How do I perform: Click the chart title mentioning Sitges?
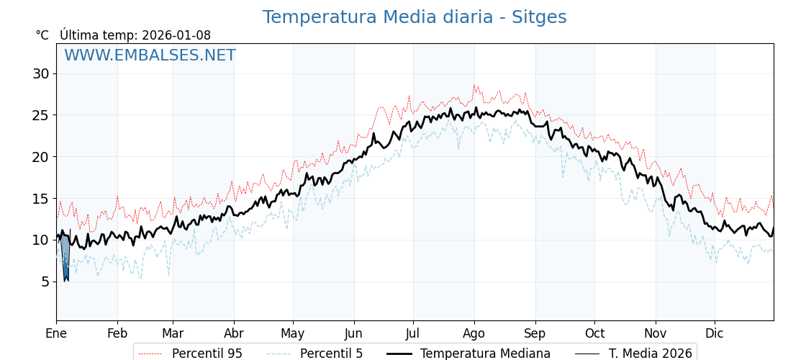(x=414, y=17)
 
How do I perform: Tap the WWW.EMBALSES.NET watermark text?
(x=150, y=55)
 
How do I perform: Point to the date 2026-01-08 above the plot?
(x=176, y=35)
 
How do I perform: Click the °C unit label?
(x=42, y=35)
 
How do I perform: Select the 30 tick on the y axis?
(x=40, y=73)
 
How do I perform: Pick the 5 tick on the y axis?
(x=45, y=282)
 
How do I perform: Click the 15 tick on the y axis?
(x=40, y=198)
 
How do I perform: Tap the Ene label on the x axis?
(x=56, y=333)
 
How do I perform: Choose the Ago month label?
(x=474, y=333)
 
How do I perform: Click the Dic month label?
(x=715, y=333)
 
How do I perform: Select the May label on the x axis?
(x=293, y=333)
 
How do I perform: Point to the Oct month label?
(x=594, y=333)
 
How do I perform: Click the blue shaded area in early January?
(x=64, y=256)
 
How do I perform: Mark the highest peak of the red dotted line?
(x=474, y=85)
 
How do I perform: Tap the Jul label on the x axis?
(x=413, y=333)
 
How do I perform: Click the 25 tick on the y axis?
(x=40, y=115)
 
